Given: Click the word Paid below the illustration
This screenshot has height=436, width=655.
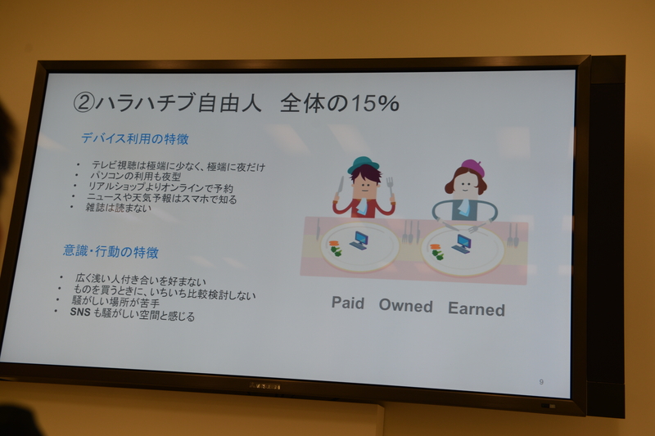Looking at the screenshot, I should tap(348, 303).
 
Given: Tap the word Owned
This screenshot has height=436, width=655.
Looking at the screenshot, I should tap(405, 306).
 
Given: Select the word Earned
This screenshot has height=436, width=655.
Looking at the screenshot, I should tap(476, 308).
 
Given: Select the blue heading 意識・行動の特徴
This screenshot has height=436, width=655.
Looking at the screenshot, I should tap(111, 250).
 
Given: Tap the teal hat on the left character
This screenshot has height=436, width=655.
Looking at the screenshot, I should tap(363, 164).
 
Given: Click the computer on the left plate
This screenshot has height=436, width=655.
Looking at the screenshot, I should tap(360, 240).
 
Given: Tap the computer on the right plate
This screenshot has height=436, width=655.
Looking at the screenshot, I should tap(463, 244).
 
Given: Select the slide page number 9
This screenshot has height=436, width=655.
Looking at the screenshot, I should tap(541, 381).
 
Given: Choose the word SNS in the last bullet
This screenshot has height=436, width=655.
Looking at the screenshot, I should tap(79, 315).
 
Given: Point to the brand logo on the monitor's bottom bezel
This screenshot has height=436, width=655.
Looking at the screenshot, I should tap(264, 385).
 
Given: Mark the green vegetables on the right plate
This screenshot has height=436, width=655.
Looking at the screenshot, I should tap(438, 254).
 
